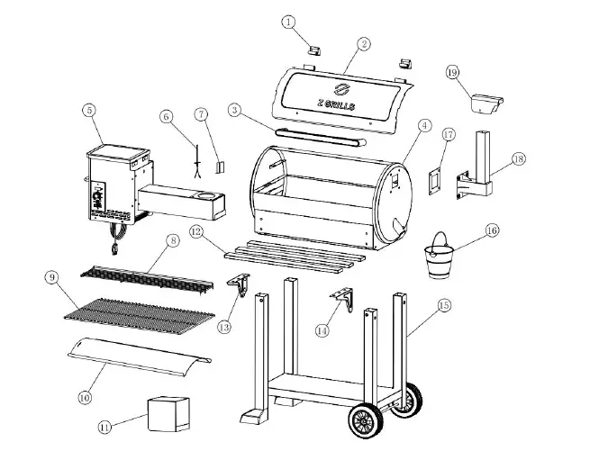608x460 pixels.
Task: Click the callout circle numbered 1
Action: (x=288, y=21)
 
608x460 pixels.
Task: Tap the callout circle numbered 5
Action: (x=88, y=111)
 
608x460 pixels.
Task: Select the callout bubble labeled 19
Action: (x=452, y=71)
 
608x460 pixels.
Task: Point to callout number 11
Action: (x=105, y=428)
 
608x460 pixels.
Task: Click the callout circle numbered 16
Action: (x=491, y=230)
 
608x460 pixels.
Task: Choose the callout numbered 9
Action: (x=53, y=278)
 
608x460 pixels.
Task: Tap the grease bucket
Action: (x=440, y=258)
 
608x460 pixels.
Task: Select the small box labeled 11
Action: (x=168, y=412)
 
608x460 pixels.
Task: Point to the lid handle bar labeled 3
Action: (x=320, y=139)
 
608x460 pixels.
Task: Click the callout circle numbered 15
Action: (x=442, y=306)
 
